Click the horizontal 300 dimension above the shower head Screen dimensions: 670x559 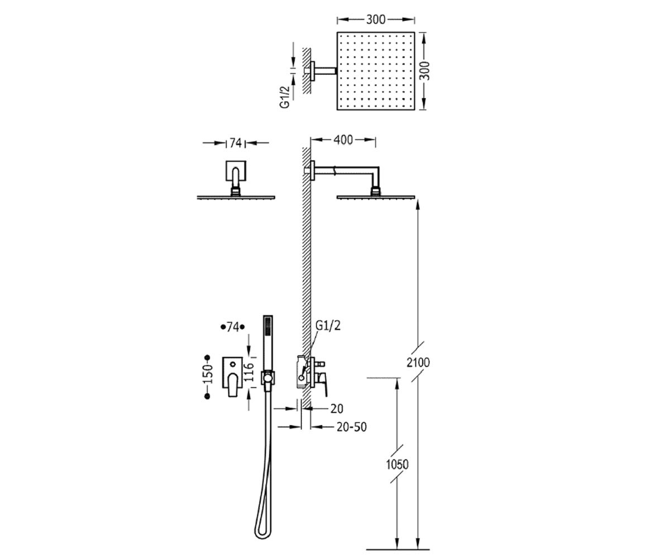coord(376,20)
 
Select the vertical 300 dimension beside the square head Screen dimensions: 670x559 coord(424,70)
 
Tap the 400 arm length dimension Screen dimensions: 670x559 coord(343,140)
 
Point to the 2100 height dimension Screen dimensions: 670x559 coord(418,362)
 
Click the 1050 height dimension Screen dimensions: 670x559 coord(397,465)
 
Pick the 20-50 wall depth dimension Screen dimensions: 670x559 coord(352,427)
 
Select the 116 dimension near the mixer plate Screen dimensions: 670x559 coord(248,372)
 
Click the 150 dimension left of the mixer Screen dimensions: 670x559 coord(208,373)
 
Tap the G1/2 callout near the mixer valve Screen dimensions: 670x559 coord(328,326)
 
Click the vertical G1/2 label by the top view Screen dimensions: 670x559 coord(285,97)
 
